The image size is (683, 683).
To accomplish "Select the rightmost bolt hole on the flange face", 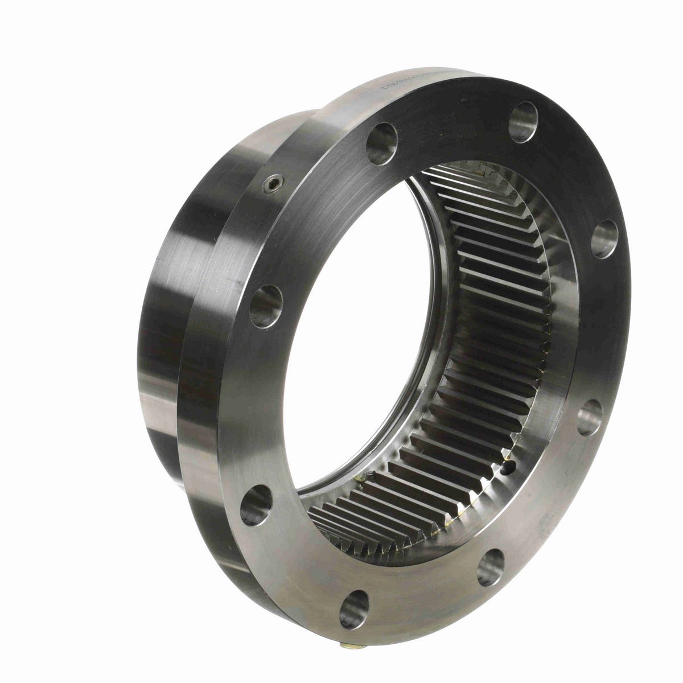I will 604,238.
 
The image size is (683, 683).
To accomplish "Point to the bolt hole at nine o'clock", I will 266,306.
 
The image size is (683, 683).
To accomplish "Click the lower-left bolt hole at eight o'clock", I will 256,504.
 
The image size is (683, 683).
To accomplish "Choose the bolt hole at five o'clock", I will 491,567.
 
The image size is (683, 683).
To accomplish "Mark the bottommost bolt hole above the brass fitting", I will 353,608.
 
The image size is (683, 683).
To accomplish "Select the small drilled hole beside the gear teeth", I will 508,467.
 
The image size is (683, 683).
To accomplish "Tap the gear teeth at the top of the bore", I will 484,176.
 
